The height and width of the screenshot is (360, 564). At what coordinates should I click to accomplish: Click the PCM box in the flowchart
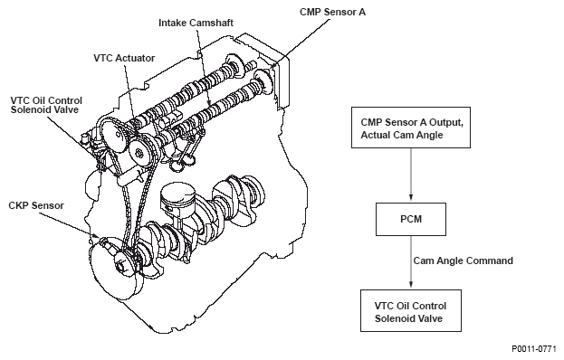[x=411, y=219]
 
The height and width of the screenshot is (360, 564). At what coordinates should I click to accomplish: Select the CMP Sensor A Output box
[x=411, y=128]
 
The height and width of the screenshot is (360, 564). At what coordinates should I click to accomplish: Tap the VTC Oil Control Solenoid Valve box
[x=411, y=311]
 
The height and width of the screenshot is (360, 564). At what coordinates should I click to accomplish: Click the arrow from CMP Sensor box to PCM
[x=411, y=175]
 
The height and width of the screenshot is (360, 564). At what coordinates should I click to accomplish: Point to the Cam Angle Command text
[x=464, y=261]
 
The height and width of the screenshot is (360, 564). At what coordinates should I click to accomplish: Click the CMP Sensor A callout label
[x=333, y=12]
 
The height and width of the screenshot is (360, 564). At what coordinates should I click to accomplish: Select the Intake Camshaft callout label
[x=196, y=23]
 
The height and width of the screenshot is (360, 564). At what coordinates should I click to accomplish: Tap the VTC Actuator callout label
[x=124, y=58]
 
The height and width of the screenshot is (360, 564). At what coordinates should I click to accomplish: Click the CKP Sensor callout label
[x=36, y=205]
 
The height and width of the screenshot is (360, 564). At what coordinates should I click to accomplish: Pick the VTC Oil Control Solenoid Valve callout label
[x=46, y=105]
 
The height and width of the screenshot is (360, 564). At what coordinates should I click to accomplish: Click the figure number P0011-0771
[x=534, y=349]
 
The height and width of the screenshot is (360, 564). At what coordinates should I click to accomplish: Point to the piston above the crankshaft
[x=177, y=199]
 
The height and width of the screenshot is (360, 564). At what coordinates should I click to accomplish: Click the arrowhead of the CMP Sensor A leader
[x=273, y=65]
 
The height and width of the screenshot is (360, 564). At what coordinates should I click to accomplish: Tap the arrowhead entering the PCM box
[x=411, y=197]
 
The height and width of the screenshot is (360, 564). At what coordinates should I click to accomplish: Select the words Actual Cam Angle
[x=402, y=135]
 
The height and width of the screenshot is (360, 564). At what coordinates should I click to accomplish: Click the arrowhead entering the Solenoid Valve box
[x=411, y=284]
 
